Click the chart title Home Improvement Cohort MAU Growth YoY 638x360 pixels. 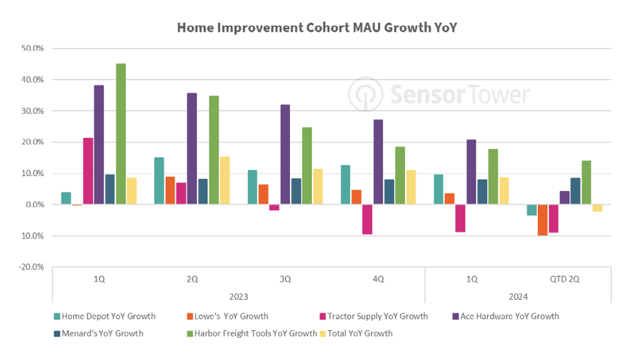pyautogui.click(x=317, y=28)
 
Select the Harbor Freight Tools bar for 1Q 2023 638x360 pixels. pyautogui.click(x=120, y=134)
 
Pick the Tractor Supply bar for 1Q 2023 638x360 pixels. pyautogui.click(x=88, y=171)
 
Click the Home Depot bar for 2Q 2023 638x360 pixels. pyautogui.click(x=159, y=181)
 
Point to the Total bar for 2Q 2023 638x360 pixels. pyautogui.click(x=225, y=181)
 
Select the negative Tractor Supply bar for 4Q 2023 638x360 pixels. pyautogui.click(x=367, y=219)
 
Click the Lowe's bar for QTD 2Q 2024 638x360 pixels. pyautogui.click(x=542, y=219)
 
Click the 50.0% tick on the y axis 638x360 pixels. pyautogui.click(x=32, y=49)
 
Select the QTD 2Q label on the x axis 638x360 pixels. pyautogui.click(x=564, y=280)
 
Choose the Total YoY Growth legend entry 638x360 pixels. pyautogui.click(x=356, y=333)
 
